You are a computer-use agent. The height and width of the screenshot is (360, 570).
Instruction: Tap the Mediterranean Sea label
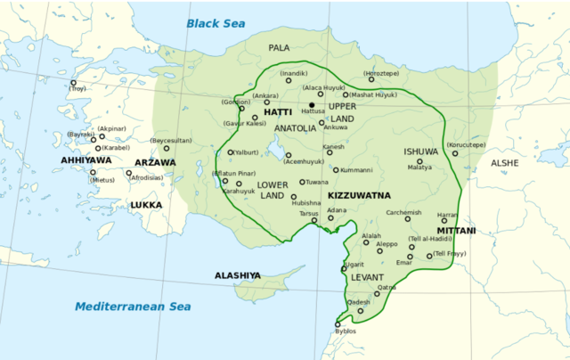(x=133, y=307)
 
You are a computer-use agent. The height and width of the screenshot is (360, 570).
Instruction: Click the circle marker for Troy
(x=73, y=83)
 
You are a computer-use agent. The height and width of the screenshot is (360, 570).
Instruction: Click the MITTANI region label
(x=456, y=231)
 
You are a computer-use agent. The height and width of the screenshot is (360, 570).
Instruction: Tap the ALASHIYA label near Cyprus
(x=238, y=276)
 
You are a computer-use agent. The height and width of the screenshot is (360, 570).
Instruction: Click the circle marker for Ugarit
(x=344, y=268)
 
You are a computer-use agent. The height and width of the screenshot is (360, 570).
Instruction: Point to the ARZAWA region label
(x=155, y=163)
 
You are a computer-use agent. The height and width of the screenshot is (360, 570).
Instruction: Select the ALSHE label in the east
(x=504, y=163)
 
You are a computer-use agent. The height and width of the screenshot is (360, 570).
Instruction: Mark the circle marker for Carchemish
(x=408, y=218)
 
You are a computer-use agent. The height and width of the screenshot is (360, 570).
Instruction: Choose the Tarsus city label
(x=308, y=214)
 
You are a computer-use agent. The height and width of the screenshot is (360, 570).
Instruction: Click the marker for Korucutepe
(x=454, y=153)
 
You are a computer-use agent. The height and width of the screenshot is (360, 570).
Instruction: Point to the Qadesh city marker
(x=360, y=309)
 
